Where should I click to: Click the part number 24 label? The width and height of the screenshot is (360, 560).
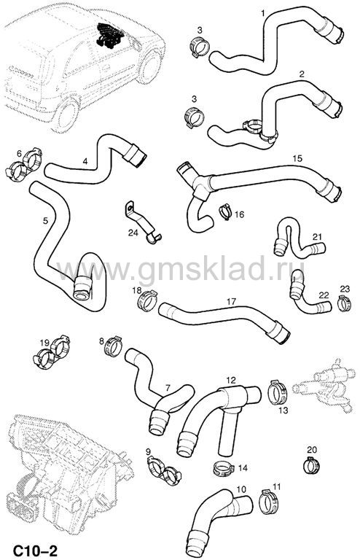click(x=133, y=233)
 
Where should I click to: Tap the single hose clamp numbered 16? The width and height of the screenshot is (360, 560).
click(x=225, y=212)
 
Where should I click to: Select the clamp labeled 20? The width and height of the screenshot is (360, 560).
click(x=311, y=465)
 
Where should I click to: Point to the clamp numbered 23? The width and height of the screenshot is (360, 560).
click(x=344, y=303)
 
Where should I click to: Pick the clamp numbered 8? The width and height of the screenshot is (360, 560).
click(x=114, y=346)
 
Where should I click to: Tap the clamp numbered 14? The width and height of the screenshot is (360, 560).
click(x=223, y=468)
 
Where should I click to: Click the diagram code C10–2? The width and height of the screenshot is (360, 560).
click(x=35, y=550)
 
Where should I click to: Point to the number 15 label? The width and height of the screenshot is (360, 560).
click(x=297, y=158)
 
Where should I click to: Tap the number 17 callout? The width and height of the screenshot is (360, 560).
click(x=231, y=302)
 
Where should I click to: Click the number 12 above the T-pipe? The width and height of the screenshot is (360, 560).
click(x=231, y=380)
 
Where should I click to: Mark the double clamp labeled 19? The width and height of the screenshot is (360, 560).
click(x=52, y=352)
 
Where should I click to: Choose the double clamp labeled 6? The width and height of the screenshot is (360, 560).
click(x=24, y=164)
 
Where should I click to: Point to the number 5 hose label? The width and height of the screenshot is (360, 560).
click(x=45, y=220)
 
